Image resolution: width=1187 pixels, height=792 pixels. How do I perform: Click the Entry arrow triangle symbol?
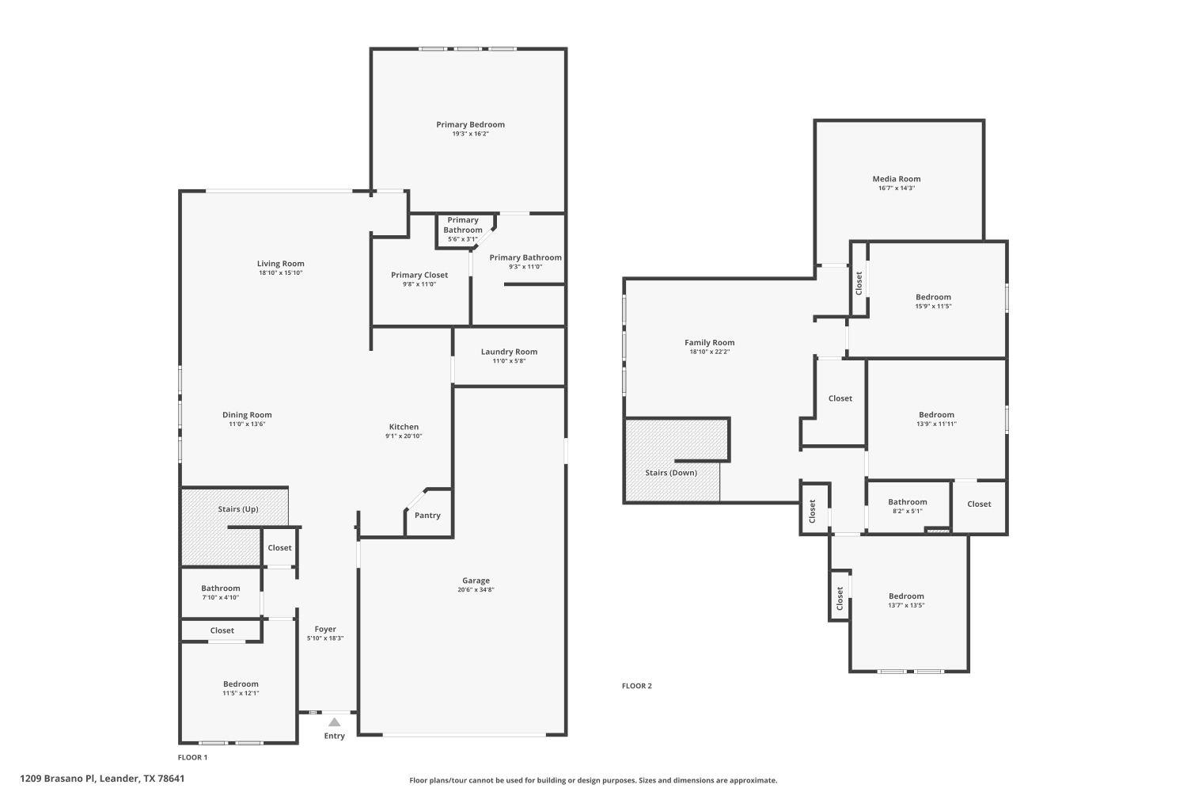[335, 722]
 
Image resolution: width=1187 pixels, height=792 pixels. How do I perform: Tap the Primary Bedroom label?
[470, 124]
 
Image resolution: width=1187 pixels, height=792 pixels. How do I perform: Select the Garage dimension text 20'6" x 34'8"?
[476, 590]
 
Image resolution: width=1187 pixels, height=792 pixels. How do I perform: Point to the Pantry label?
[427, 516]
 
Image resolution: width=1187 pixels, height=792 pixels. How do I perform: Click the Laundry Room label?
[509, 352]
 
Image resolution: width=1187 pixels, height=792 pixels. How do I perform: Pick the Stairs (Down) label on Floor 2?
[671, 473]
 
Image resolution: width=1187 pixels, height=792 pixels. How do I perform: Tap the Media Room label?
[897, 179]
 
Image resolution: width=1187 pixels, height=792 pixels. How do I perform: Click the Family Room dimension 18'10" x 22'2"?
[709, 352]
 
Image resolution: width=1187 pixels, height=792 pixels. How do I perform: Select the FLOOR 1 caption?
[192, 757]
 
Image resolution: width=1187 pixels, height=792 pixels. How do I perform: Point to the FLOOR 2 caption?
[636, 686]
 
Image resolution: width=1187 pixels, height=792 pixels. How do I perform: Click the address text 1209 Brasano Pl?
[102, 779]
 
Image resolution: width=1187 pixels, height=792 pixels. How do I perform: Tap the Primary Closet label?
[419, 275]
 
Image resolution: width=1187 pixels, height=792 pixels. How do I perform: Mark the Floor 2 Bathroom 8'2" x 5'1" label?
[907, 502]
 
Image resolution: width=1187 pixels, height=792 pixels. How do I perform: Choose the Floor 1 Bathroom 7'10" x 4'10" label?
[220, 588]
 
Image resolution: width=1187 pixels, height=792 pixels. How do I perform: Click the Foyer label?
[325, 629]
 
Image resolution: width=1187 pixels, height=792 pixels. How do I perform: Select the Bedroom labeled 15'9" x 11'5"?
[933, 297]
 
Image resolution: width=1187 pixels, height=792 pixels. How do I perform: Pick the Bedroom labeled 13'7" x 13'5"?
[906, 596]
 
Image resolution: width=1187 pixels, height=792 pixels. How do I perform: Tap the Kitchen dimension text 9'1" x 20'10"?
[404, 436]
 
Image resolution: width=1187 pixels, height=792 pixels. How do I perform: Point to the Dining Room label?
[247, 415]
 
